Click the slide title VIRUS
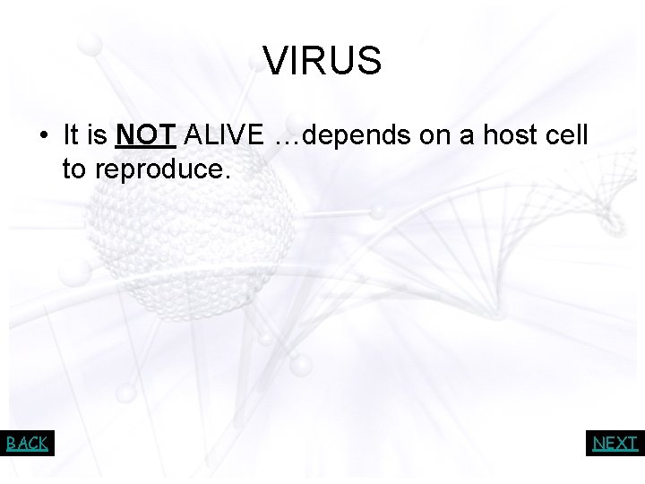click(x=322, y=62)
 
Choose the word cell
click(x=566, y=135)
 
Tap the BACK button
click(x=27, y=443)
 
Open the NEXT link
click(x=615, y=443)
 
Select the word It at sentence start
click(x=72, y=135)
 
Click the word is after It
click(x=99, y=135)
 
